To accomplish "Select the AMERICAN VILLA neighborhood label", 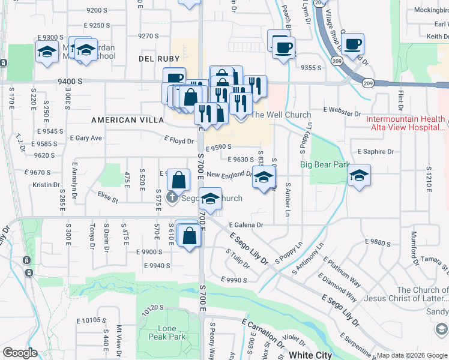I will click(x=122, y=120).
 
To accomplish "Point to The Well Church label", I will click(x=281, y=115).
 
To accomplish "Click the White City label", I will click(x=310, y=355).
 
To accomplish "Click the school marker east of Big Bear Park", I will click(x=359, y=175).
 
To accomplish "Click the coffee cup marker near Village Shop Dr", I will click(x=354, y=44).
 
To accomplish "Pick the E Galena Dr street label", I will click(x=246, y=225).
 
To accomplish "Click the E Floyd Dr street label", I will click(x=179, y=141).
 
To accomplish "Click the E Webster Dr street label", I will click(x=342, y=112).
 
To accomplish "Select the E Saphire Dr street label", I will click(x=376, y=152).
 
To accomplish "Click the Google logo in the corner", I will click(x=20, y=353).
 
